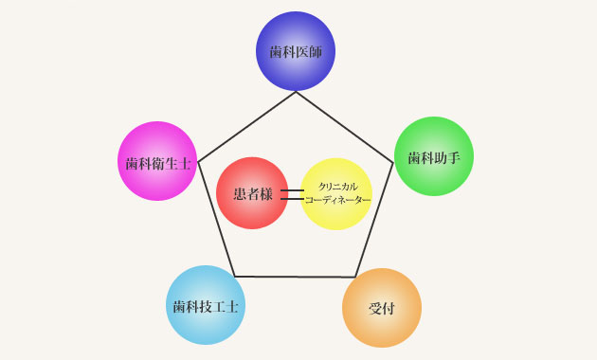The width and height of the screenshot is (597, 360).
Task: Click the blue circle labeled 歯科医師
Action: tap(296, 51)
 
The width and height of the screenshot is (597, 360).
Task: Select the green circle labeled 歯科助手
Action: tap(434, 156)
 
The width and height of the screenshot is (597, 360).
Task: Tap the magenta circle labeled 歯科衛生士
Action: tap(157, 161)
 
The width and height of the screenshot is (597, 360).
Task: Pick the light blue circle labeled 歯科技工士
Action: tap(206, 305)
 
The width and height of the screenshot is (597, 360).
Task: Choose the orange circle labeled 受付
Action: tap(382, 308)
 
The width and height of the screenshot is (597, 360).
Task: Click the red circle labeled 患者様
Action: tap(252, 193)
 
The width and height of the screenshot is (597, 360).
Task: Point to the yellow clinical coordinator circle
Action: tap(336, 193)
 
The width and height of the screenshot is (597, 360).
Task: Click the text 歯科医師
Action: tap(296, 52)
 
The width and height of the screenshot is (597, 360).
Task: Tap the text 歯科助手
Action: tap(434, 157)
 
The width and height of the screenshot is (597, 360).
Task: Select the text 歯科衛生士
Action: tap(158, 164)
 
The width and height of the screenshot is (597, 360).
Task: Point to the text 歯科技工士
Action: tap(206, 306)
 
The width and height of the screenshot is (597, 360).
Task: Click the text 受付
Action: tap(382, 309)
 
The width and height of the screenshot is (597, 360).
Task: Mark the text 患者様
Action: tap(253, 194)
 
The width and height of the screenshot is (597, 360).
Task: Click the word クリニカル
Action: tap(338, 187)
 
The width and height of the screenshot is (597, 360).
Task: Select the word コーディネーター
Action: tap(338, 200)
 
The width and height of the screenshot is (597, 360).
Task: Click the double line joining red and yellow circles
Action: tap(293, 194)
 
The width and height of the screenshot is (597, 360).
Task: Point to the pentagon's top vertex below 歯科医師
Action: tap(296, 92)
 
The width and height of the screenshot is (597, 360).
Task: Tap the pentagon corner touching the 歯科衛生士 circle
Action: tap(198, 162)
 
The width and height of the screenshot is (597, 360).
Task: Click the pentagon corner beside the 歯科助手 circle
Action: tap(393, 163)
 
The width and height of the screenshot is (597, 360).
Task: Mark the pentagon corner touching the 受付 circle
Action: tap(355, 277)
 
